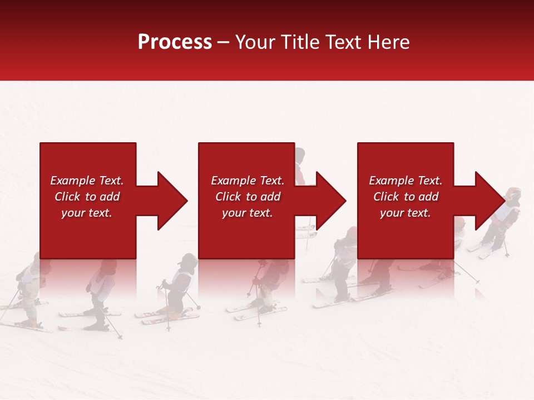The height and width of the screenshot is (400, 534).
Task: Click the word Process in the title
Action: click(x=175, y=42)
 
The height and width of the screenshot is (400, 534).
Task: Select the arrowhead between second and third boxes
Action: click(x=329, y=201)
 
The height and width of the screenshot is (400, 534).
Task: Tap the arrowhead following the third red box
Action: click(x=488, y=201)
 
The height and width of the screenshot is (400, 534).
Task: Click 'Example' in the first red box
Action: click(x=73, y=181)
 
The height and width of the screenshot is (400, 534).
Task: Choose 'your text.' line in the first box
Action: click(x=87, y=213)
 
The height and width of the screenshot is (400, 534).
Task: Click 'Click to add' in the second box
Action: click(x=248, y=197)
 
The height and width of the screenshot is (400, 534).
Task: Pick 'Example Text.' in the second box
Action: click(x=248, y=181)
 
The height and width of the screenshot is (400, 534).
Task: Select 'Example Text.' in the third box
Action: click(x=406, y=181)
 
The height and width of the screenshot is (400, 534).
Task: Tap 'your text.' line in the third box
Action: click(x=406, y=213)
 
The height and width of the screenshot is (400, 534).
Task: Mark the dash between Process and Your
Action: click(x=224, y=43)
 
